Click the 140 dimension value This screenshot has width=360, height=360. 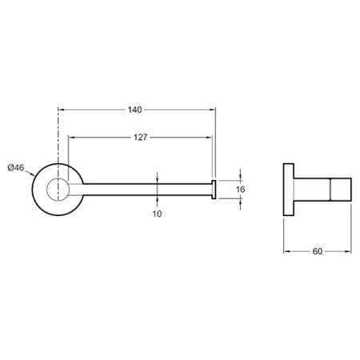[134, 110]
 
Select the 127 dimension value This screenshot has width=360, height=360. [140, 137]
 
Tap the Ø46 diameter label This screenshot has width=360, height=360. [16, 168]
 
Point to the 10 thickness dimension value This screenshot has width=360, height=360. [157, 214]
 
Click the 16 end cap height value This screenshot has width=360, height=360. [240, 190]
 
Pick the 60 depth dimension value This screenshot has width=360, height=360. [318, 251]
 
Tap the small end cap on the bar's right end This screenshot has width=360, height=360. [214, 190]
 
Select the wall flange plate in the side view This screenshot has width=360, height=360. [289, 190]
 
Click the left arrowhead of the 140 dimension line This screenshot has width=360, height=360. [61, 110]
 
